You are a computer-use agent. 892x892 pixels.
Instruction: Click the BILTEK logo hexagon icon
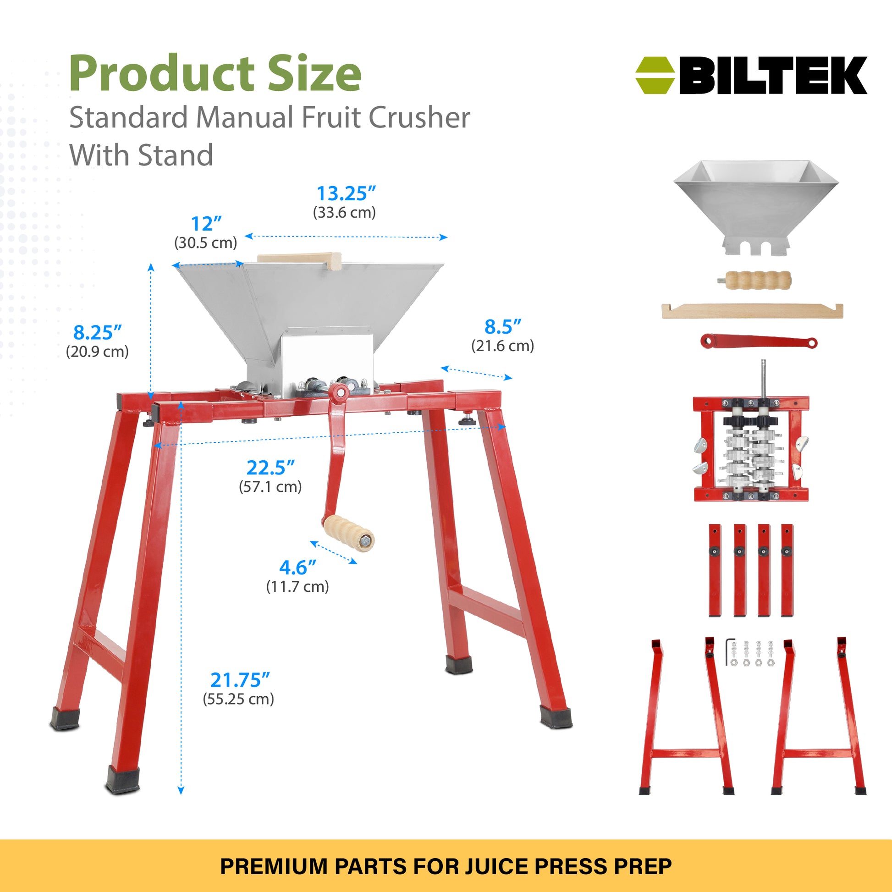point(655,75)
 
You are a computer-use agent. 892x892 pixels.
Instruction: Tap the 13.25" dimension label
point(346,194)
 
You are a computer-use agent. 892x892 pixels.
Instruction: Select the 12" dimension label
point(206,224)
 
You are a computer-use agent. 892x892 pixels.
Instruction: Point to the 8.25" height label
point(98,332)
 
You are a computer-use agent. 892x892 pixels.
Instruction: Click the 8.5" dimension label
point(503,327)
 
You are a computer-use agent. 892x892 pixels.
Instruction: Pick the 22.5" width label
point(270,468)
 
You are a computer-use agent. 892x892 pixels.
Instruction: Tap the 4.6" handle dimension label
point(298,567)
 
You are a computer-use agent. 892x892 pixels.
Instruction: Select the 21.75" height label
point(240,680)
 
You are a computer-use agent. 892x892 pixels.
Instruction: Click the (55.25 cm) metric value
point(239,699)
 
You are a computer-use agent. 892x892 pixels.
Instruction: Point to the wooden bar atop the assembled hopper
point(299,260)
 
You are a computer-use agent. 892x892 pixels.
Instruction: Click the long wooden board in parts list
point(753,311)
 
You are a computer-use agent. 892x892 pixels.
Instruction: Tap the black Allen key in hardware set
point(729,652)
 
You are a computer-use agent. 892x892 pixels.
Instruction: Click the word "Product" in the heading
point(162,74)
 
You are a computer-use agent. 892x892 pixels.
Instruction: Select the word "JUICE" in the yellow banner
point(496,866)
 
